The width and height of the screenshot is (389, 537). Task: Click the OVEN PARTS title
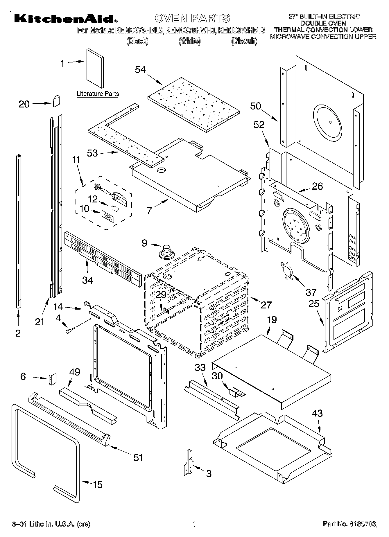(192, 18)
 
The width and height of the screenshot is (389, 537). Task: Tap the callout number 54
(140, 70)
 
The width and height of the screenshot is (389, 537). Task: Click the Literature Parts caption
(98, 94)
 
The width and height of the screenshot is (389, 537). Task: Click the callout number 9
(144, 243)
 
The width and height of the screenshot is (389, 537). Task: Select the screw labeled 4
(70, 330)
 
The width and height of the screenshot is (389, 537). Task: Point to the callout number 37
(311, 291)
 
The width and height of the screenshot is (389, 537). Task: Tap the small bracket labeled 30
(236, 393)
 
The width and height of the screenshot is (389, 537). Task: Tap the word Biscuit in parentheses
(244, 41)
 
